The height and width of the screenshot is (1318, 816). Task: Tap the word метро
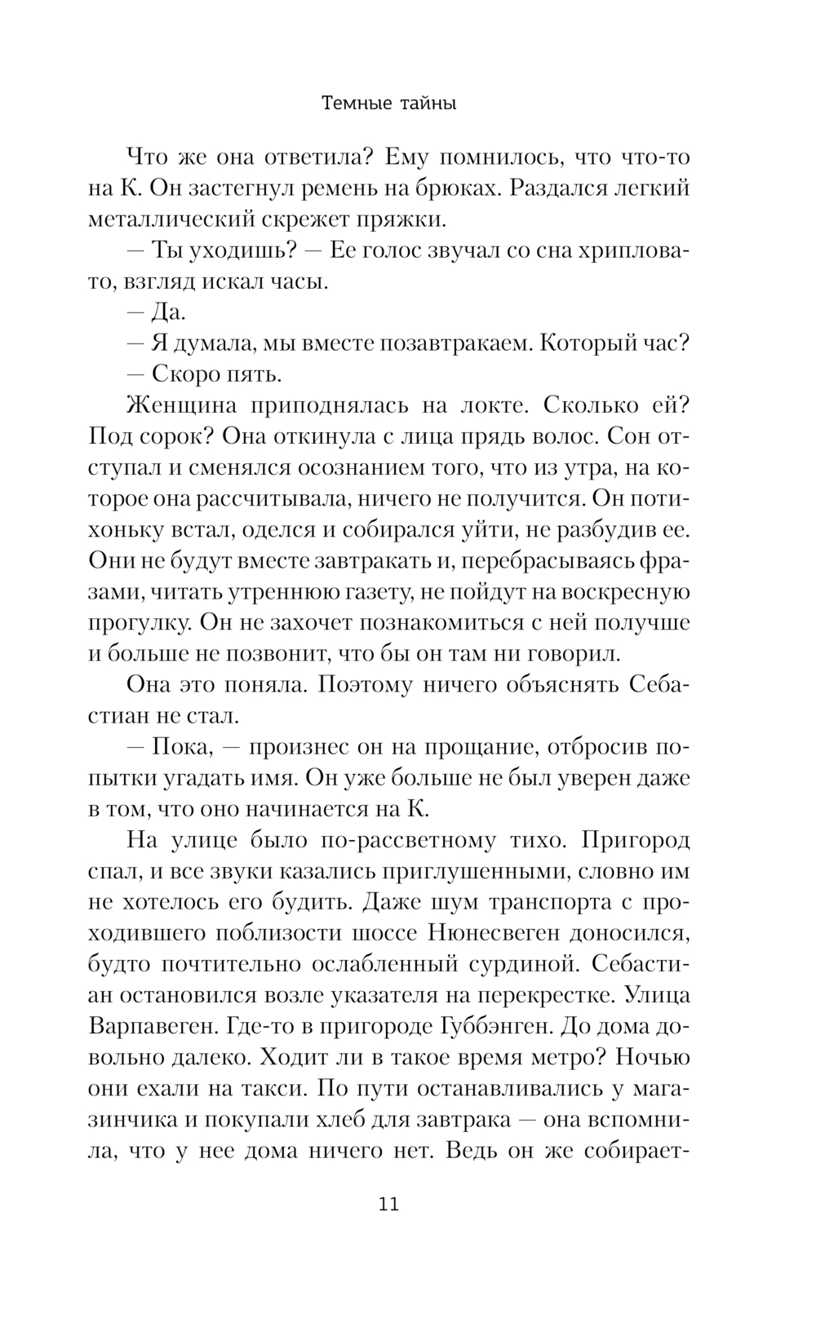tap(565, 1057)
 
